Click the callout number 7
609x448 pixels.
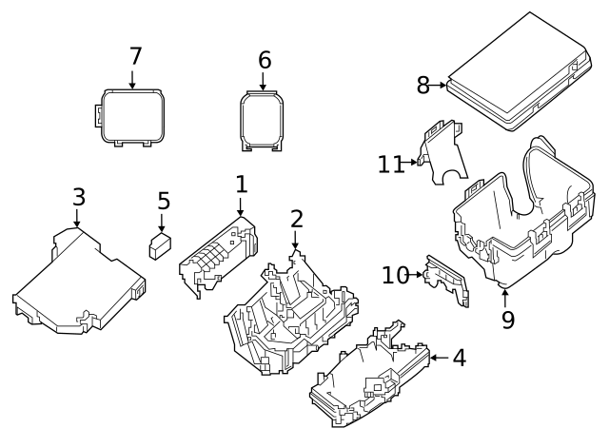click(x=135, y=57)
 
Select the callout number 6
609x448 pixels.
click(x=265, y=61)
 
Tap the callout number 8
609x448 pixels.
click(x=423, y=86)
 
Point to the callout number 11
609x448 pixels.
click(x=390, y=165)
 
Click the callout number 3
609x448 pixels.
click(x=79, y=198)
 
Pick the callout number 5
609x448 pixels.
click(x=164, y=202)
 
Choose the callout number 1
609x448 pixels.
click(x=241, y=184)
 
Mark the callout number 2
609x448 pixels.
click(x=297, y=219)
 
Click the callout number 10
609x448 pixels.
click(x=395, y=276)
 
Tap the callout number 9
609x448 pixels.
click(x=508, y=320)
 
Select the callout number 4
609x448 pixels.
click(x=460, y=359)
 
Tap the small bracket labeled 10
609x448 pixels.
click(x=446, y=281)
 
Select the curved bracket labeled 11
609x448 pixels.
click(x=440, y=155)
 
